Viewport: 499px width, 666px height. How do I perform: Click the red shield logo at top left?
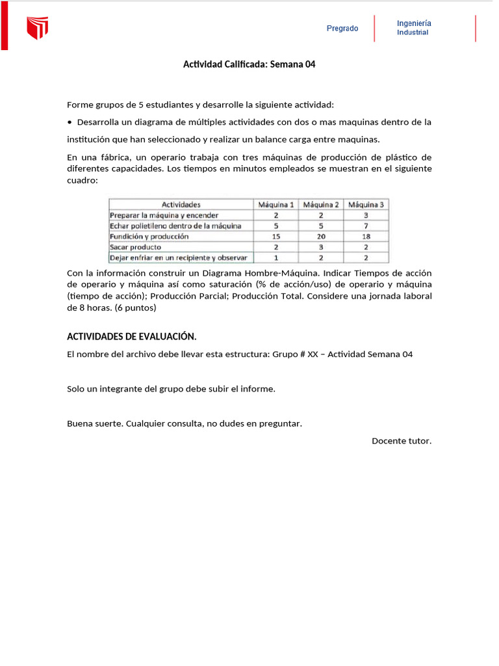37,28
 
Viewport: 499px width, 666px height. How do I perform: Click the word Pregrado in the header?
342,29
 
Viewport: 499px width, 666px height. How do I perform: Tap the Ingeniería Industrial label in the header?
414,28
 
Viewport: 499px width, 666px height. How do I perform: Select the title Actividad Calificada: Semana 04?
249,64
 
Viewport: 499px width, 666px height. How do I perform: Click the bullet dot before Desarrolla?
70,122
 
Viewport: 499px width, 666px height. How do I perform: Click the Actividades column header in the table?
181,204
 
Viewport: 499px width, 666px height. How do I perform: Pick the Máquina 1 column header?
276,204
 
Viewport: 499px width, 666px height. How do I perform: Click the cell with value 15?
276,236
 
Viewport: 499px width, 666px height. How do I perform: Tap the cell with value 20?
321,236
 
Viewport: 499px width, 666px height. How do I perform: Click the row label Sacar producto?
136,247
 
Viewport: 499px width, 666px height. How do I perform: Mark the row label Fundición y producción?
149,236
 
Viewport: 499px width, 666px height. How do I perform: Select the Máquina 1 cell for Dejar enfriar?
276,258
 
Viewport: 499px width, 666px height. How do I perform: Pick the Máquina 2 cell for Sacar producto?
321,247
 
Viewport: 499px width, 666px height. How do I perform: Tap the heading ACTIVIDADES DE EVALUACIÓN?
131,336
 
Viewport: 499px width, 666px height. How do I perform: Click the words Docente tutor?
401,441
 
